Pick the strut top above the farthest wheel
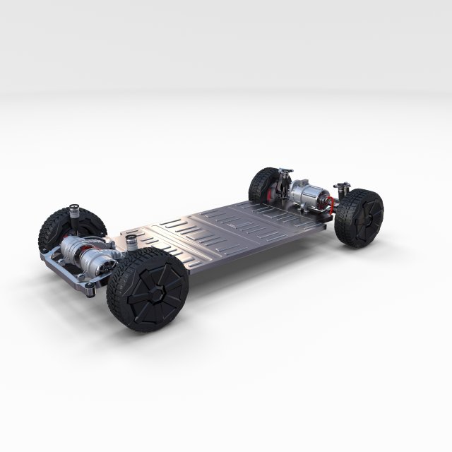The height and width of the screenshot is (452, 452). [x=285, y=171]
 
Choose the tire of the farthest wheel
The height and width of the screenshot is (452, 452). [x=261, y=183]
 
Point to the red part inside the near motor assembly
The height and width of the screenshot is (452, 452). [x=90, y=251]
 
